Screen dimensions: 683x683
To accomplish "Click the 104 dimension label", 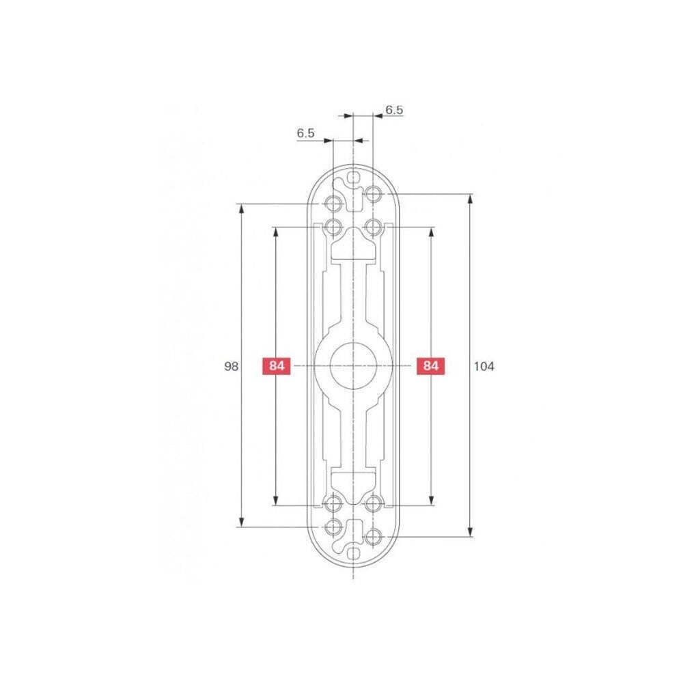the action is [484, 366].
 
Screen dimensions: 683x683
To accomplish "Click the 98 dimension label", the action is [232, 366].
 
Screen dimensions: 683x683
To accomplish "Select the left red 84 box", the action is [276, 366].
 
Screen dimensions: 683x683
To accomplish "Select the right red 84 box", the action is [431, 366].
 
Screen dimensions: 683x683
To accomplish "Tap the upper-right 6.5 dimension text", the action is [394, 110].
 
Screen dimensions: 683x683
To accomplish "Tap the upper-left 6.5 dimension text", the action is [305, 133].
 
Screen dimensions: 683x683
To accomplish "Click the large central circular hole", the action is [353, 365].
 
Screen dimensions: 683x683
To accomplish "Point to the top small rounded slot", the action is [353, 178].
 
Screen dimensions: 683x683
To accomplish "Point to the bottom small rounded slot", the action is [353, 554].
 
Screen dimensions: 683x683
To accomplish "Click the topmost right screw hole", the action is [373, 193].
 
